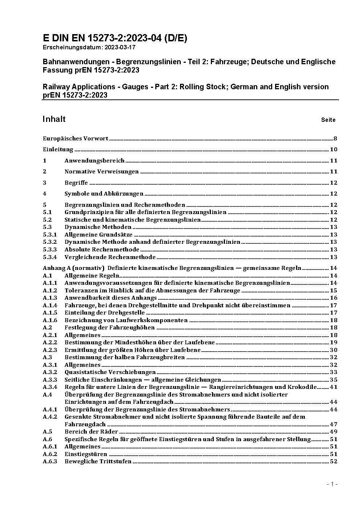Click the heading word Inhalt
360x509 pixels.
point(54,119)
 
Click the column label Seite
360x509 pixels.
point(328,120)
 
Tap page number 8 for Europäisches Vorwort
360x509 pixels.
point(335,138)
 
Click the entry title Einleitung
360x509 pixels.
point(58,149)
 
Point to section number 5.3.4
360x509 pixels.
point(50,257)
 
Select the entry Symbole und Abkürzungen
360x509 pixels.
point(104,193)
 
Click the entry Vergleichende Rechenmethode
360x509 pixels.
point(110,257)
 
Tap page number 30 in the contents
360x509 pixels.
point(334,350)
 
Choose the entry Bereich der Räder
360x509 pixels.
point(91,431)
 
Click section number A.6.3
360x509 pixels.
point(50,461)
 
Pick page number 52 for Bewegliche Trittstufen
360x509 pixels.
point(334,461)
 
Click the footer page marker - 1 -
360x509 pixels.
point(332,484)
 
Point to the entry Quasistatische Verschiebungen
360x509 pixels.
point(110,372)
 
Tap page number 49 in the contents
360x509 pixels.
point(334,431)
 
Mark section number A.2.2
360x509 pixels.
point(50,342)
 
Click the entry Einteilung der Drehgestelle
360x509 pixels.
point(105,312)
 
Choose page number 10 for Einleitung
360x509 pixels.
point(334,149)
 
